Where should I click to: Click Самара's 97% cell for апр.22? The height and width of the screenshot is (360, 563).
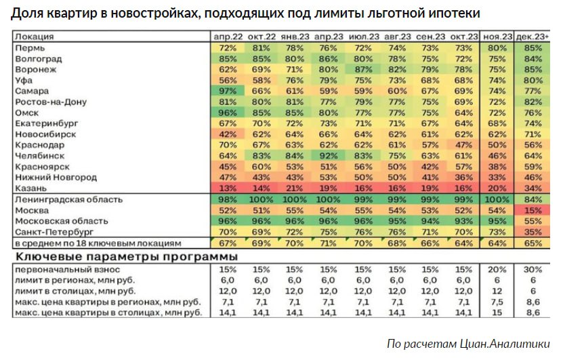227,91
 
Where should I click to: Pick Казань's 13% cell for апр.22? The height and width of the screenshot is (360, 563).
227,188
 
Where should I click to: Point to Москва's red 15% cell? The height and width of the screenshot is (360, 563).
533,211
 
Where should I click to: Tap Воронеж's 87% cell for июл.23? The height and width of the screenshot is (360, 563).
362,69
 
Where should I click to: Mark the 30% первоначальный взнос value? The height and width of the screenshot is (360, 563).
533,270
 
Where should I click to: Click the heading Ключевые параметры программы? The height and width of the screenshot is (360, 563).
125,258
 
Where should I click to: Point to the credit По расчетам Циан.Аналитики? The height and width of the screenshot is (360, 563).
467,344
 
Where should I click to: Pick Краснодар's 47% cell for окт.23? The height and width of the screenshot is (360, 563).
463,145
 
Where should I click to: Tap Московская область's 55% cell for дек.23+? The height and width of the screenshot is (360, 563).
533,221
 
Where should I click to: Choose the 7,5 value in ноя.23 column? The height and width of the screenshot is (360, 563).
497,302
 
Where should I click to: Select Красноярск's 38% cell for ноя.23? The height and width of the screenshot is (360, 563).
497,166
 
